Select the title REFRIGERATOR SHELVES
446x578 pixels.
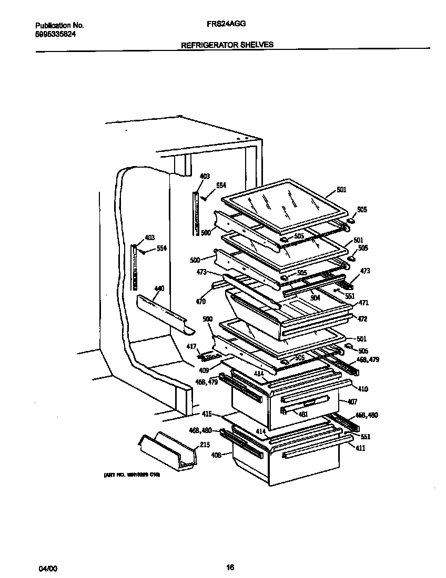(x=227, y=45)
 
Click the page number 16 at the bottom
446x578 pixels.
(x=229, y=567)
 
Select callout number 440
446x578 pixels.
(x=159, y=288)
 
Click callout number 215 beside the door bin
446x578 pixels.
(x=204, y=445)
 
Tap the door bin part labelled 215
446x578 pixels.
(x=167, y=450)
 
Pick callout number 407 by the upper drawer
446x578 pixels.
(x=352, y=402)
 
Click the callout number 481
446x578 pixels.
(x=302, y=414)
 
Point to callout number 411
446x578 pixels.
(x=360, y=448)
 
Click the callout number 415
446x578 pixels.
(x=207, y=415)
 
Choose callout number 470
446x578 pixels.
(x=200, y=302)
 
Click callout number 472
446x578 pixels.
(x=362, y=319)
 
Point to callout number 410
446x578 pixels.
(x=363, y=389)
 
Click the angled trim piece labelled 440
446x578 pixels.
(x=163, y=314)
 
